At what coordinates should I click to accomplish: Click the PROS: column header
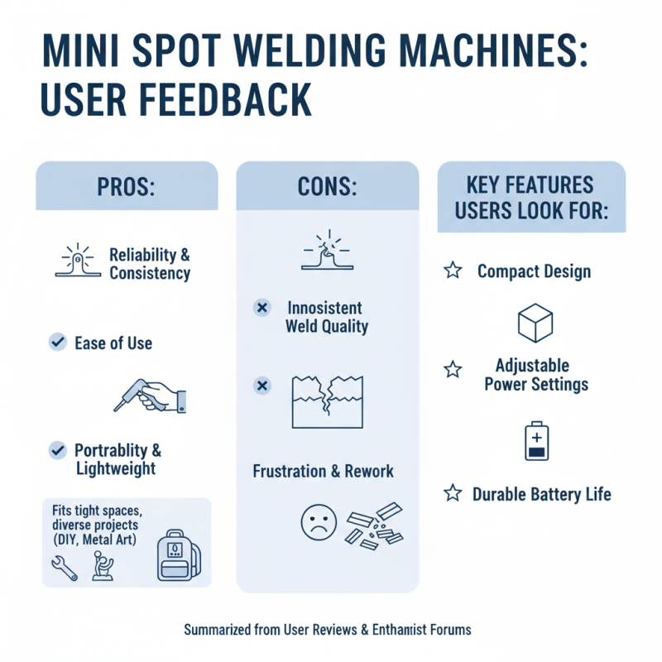(x=127, y=185)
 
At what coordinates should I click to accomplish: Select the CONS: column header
(x=328, y=185)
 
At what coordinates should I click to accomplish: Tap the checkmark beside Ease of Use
(x=58, y=342)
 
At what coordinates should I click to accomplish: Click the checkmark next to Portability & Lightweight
(x=58, y=450)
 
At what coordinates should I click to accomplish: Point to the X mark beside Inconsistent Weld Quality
(x=261, y=308)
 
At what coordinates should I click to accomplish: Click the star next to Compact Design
(x=452, y=271)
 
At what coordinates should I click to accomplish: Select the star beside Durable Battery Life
(x=452, y=494)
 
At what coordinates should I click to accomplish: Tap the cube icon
(x=535, y=323)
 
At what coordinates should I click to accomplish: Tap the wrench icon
(x=65, y=567)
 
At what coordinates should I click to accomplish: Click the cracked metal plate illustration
(x=328, y=401)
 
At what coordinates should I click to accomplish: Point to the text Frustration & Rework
(x=323, y=472)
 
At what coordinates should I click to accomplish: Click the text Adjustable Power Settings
(x=536, y=374)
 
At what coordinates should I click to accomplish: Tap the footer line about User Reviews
(x=328, y=629)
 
